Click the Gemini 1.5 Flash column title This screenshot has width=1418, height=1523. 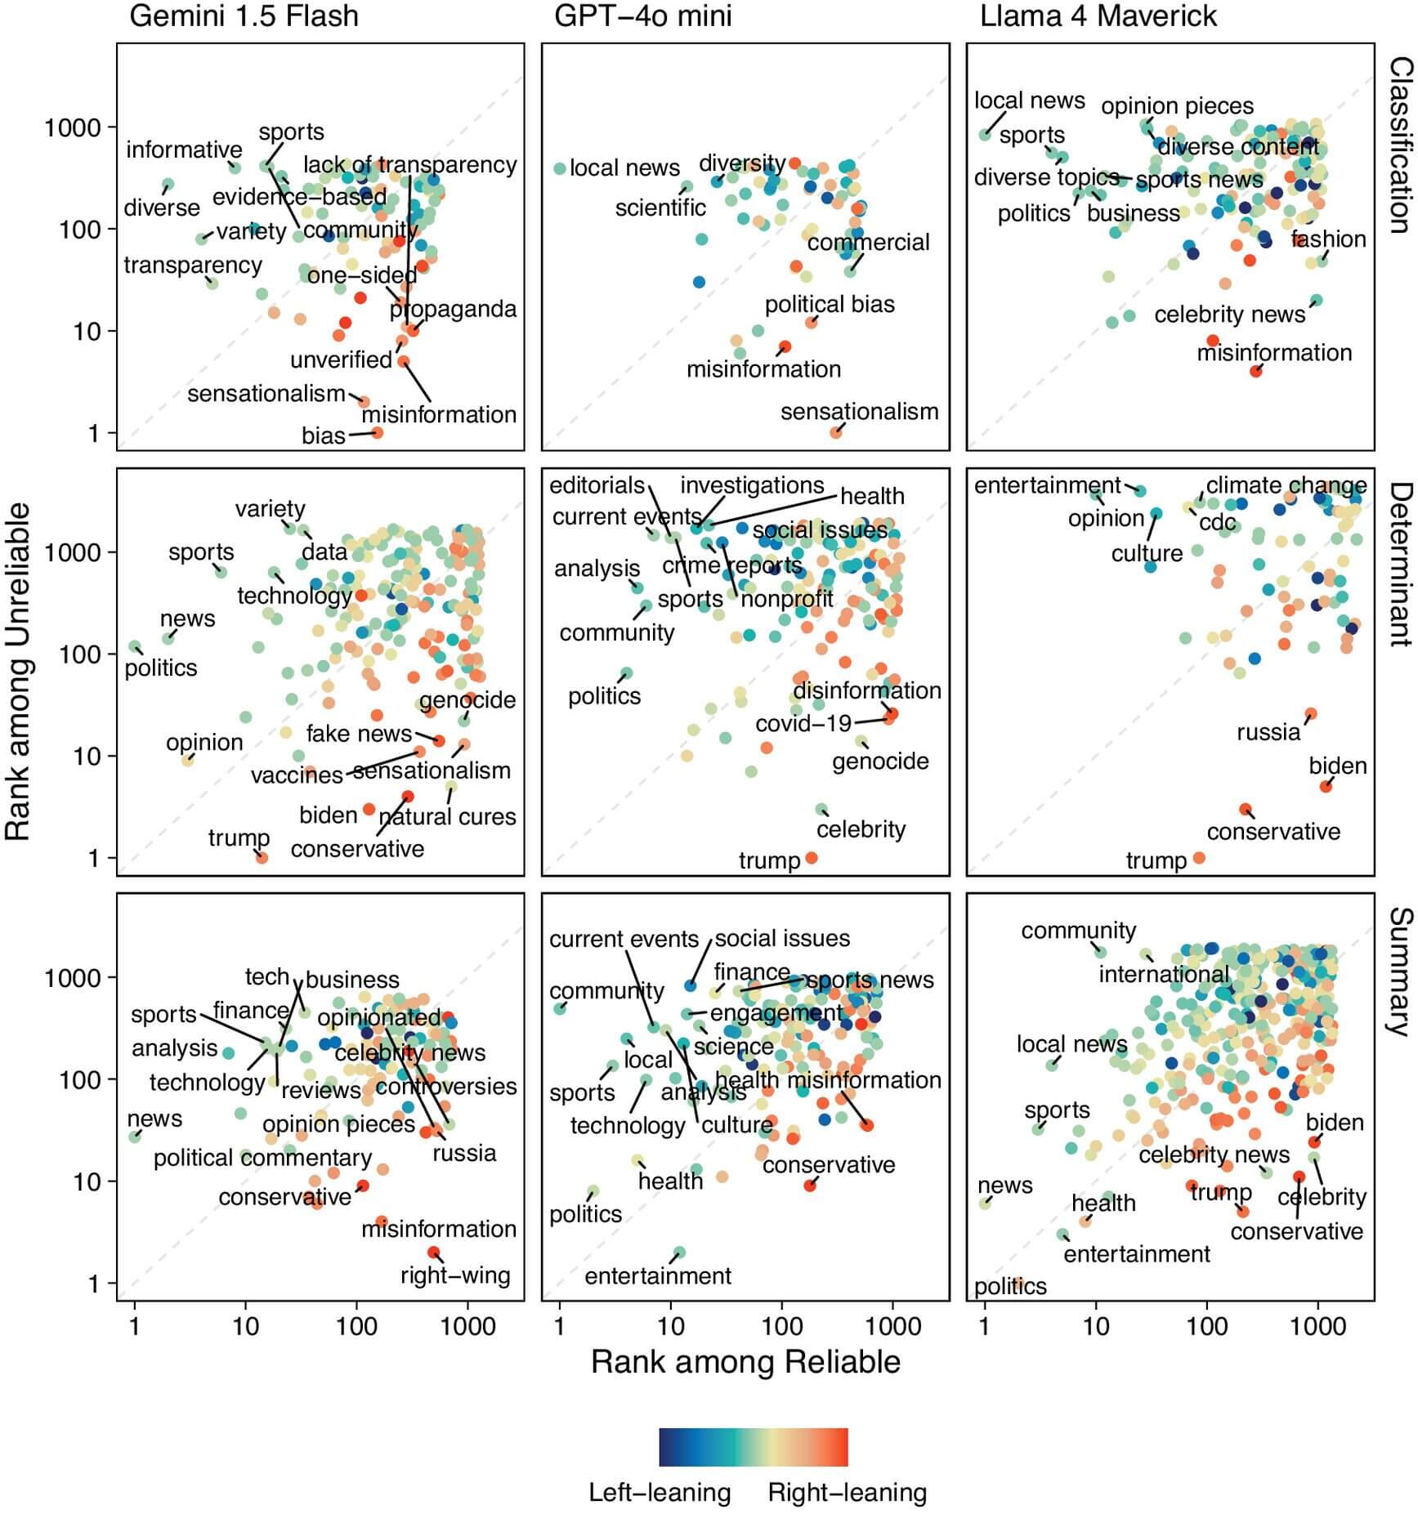(244, 16)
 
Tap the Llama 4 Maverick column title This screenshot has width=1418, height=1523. (1098, 16)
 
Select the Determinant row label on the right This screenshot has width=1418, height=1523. (1401, 564)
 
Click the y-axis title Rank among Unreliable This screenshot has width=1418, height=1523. (18, 671)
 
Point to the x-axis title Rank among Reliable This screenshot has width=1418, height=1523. (745, 1362)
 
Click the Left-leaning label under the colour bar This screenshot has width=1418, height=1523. (660, 1492)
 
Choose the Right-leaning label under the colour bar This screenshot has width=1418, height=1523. (847, 1492)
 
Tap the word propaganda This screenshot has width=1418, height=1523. (453, 310)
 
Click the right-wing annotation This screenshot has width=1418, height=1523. (455, 1275)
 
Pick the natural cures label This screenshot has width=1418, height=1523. (447, 816)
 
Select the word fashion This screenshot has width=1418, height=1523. (1328, 239)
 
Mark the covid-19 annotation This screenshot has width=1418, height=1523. (803, 724)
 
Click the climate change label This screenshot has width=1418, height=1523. (1286, 485)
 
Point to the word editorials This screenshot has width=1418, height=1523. (597, 485)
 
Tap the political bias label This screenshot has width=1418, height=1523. (830, 305)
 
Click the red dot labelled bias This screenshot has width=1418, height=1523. (377, 432)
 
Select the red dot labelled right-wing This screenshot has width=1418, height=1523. (433, 1253)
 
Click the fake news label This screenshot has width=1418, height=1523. (359, 734)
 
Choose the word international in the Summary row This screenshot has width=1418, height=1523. (1163, 975)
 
